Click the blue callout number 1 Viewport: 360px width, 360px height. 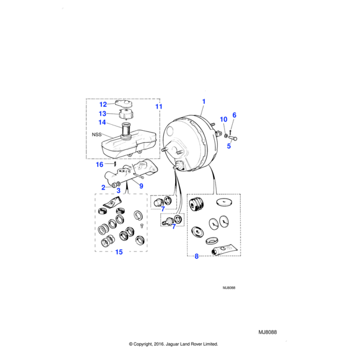203,101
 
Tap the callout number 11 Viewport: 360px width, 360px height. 158,107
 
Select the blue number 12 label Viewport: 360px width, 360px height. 103,104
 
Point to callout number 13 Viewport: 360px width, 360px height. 103,113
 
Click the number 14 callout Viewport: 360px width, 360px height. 102,122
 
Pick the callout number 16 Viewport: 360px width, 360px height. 100,164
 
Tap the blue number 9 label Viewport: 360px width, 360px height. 141,186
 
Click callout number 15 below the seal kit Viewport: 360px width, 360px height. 119,252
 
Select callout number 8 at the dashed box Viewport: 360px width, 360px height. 197,256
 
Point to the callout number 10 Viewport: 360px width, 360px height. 223,119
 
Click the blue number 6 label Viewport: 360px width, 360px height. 234,115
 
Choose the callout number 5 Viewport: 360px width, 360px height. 229,146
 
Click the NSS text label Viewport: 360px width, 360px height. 97,134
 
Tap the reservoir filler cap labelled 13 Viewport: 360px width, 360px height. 126,113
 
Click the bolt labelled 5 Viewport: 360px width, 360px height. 233,138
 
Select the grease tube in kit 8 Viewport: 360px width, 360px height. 224,250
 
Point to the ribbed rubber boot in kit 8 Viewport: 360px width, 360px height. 197,204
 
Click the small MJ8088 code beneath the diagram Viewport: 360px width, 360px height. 229,288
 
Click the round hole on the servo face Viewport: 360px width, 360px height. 170,131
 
